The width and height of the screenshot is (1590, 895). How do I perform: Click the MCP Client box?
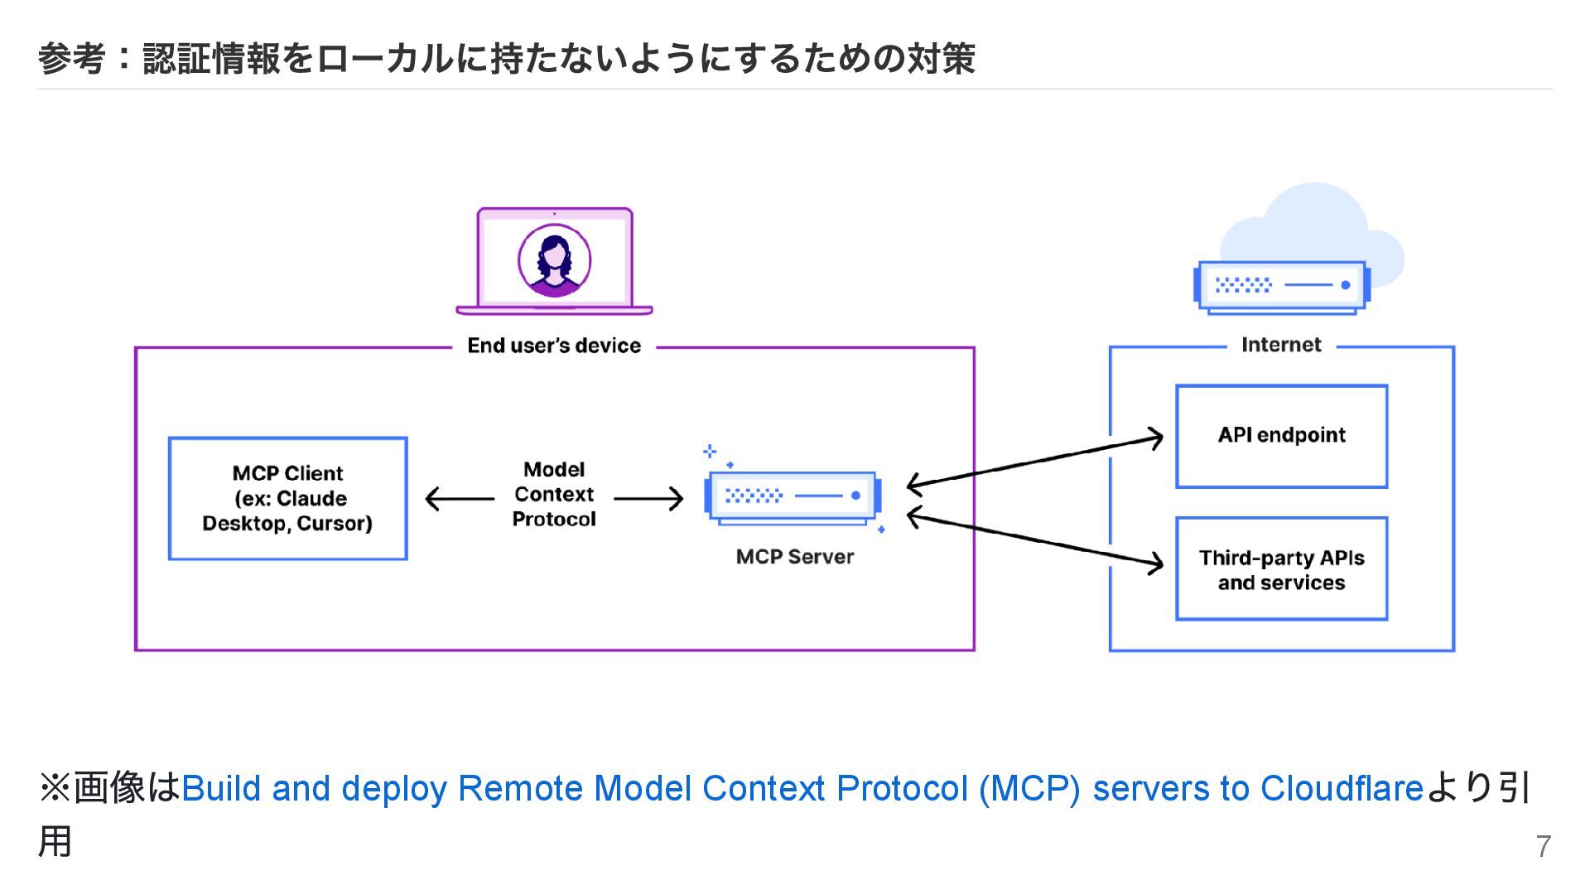pos(287,498)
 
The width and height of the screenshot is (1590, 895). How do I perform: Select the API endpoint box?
pos(1281,436)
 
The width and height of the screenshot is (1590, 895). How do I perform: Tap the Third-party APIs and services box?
pos(1281,569)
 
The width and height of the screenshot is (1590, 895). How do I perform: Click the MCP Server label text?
pos(794,557)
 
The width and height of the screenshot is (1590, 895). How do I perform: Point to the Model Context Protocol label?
pos(554,495)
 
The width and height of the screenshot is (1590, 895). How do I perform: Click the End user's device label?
pos(554,346)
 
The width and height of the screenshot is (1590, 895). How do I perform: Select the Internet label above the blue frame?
pos(1281,345)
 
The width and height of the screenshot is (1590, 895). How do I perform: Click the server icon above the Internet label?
pos(1281,287)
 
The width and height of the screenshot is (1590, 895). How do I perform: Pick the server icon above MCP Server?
pos(793,497)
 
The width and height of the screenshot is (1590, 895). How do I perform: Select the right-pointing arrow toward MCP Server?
pos(651,499)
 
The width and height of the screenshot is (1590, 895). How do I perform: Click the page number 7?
pos(1543,846)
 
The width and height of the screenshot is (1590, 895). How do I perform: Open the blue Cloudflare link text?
pos(801,788)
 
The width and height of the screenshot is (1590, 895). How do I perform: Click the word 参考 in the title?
pos(72,59)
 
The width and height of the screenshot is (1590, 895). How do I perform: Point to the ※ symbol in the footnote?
pos(55,788)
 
